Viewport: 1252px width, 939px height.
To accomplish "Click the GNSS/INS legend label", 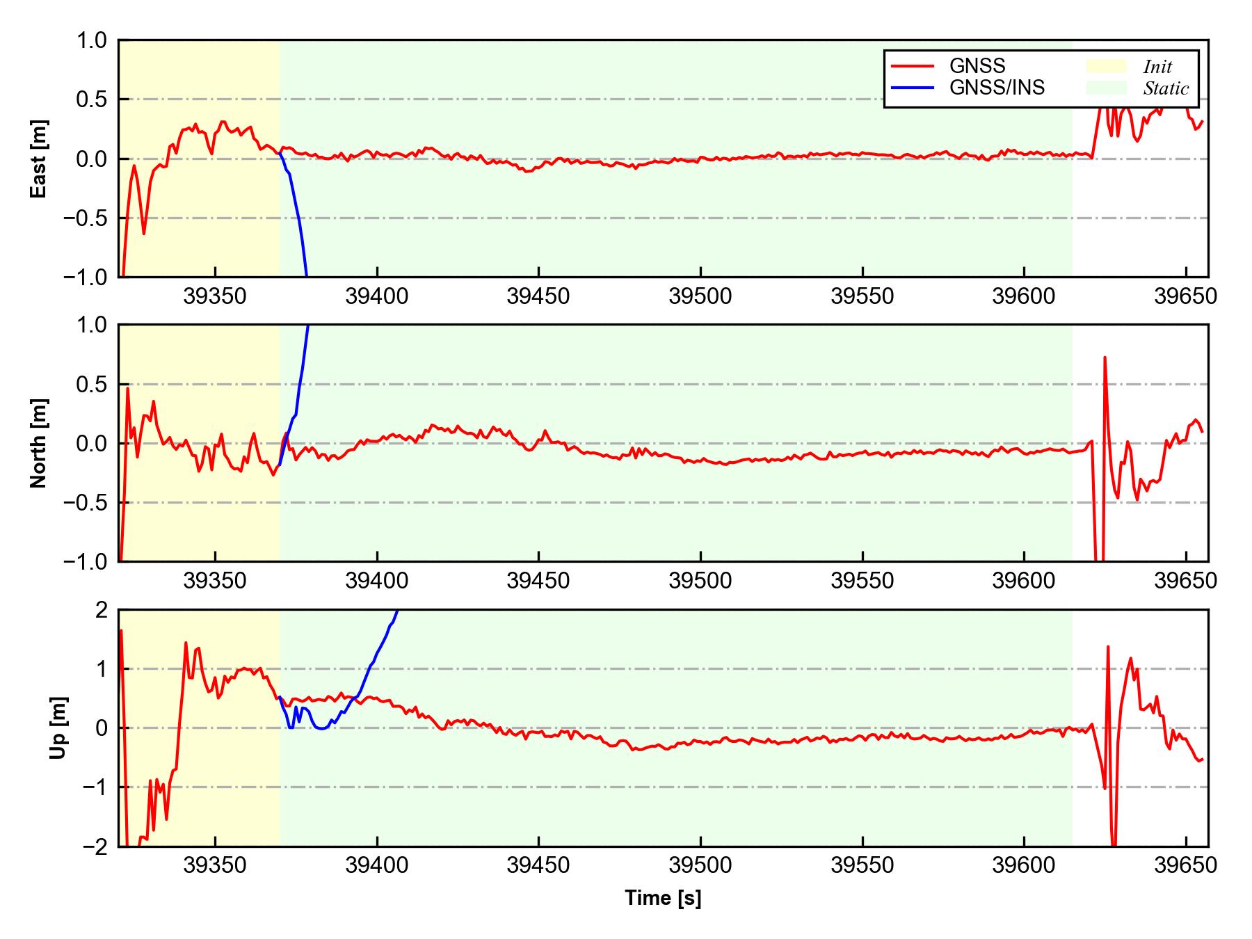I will point(997,88).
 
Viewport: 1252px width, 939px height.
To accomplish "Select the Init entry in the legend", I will point(1157,67).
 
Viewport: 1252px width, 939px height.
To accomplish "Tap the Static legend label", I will point(1166,88).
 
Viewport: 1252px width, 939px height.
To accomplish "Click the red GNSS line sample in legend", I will point(912,66).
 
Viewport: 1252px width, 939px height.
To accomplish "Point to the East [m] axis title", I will point(39,159).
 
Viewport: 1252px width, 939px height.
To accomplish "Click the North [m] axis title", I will point(39,443).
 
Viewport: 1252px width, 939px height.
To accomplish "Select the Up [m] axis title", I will point(58,728).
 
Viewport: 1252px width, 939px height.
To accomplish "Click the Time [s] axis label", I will point(663,898).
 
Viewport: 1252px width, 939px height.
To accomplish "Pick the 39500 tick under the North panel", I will point(700,581).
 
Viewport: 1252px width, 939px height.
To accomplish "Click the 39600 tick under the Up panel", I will point(1024,866).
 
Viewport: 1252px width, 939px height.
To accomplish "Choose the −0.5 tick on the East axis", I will point(85,218).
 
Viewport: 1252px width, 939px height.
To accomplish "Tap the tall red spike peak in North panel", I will point(1105,358).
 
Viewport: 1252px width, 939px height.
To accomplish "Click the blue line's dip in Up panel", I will point(320,728).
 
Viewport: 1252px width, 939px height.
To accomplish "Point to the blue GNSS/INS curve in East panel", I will point(297,216).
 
